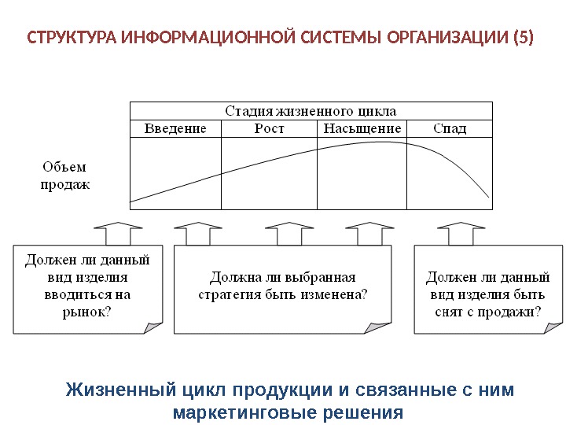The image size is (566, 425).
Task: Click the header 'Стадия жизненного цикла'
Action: (x=311, y=111)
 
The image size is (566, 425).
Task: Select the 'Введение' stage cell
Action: (x=175, y=128)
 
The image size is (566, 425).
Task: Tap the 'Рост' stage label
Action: (x=269, y=128)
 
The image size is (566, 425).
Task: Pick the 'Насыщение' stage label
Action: (x=362, y=128)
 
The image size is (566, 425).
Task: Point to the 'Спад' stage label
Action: (x=450, y=128)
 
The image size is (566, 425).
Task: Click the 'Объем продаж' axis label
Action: (x=64, y=176)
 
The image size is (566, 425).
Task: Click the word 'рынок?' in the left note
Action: (x=86, y=312)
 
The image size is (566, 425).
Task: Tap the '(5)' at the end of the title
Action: (x=521, y=38)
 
